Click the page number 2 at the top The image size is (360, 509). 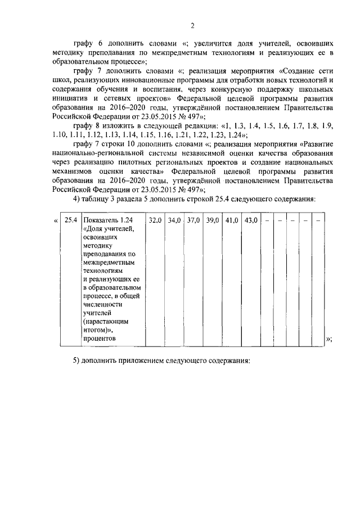[x=192, y=25]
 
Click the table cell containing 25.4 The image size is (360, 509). [x=70, y=220]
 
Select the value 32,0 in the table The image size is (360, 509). [x=155, y=220]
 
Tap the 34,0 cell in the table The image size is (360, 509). [x=174, y=220]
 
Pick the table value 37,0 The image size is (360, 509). [x=193, y=220]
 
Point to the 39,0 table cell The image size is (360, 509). [x=213, y=220]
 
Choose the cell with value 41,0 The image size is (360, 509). [x=232, y=220]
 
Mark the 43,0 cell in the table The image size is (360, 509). [x=251, y=220]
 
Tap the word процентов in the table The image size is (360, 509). [x=99, y=339]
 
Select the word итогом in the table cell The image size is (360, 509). [x=97, y=331]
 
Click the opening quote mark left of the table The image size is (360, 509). [x=55, y=220]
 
